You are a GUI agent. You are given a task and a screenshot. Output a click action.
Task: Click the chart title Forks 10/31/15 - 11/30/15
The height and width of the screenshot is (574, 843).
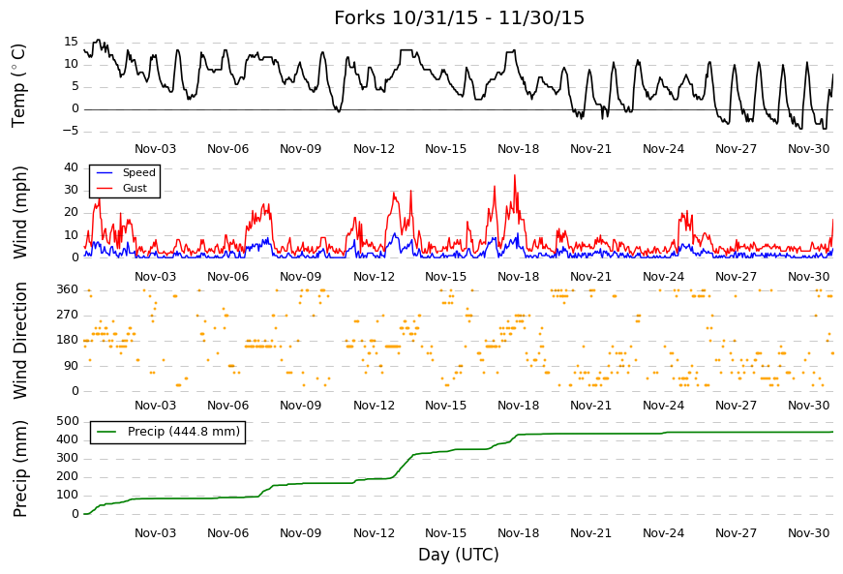(459, 17)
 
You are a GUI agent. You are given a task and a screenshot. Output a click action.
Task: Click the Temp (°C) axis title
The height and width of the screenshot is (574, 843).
(18, 86)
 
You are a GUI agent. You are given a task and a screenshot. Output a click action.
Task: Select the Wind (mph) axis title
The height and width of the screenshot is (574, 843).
(19, 212)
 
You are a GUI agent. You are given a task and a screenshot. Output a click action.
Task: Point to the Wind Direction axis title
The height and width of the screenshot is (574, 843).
(19, 341)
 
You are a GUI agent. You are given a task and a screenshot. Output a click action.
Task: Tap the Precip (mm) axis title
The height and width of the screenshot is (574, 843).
(19, 468)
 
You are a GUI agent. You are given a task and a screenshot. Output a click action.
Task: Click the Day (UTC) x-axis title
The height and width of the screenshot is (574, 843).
(459, 554)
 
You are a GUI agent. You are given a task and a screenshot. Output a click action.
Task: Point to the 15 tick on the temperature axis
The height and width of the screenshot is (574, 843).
(71, 42)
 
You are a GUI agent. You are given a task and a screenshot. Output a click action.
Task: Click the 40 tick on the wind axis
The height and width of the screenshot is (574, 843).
(71, 167)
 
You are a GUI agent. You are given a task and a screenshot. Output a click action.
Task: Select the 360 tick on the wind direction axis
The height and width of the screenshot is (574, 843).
(68, 289)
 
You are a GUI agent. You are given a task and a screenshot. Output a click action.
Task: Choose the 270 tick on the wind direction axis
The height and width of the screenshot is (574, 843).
(68, 315)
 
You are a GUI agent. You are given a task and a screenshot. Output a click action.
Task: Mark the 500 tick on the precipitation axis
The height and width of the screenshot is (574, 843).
(68, 421)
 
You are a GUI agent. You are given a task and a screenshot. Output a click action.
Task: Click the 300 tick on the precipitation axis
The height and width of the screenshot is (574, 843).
(68, 459)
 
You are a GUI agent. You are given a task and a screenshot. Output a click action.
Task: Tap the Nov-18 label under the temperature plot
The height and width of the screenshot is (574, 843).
(518, 149)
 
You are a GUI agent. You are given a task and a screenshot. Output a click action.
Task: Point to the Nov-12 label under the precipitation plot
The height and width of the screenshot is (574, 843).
(374, 533)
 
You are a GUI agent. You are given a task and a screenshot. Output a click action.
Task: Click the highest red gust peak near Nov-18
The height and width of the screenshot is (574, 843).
(515, 174)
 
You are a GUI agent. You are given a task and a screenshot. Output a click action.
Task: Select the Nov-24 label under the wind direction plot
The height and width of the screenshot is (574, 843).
(663, 406)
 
